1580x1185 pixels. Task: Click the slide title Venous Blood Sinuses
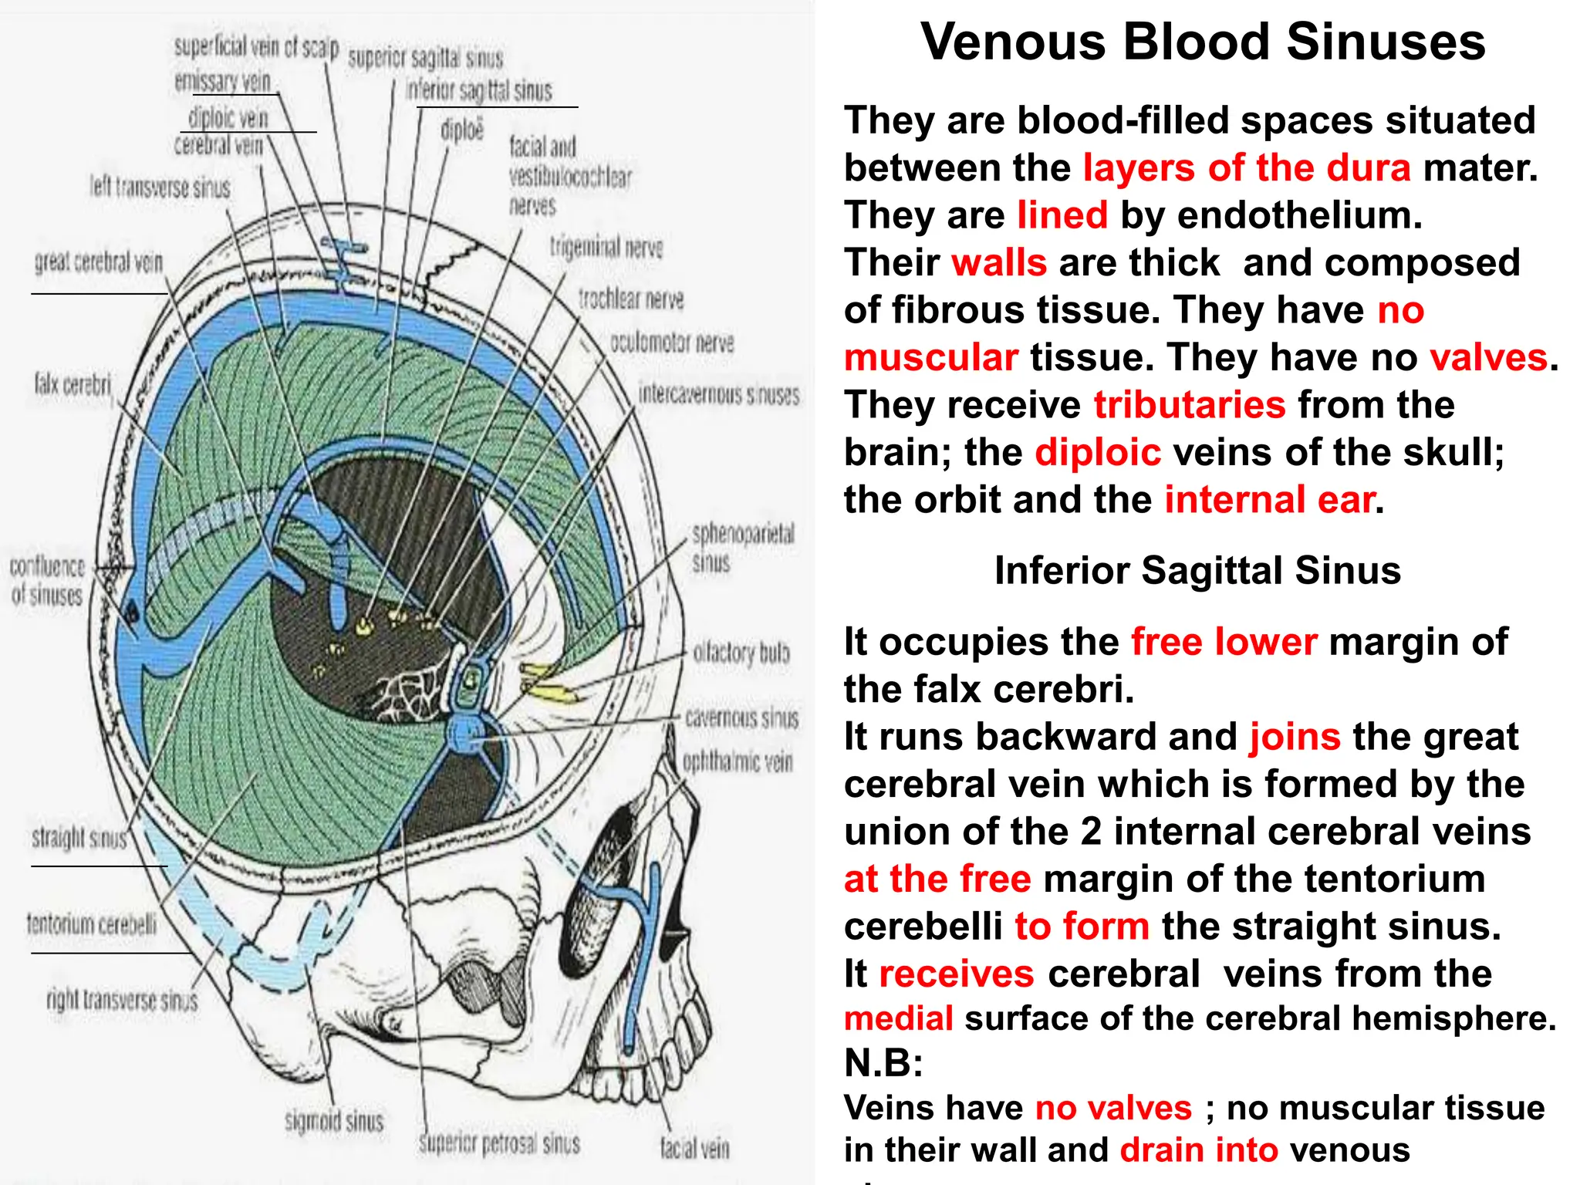tap(1203, 42)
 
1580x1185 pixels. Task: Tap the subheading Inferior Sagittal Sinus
tap(1197, 571)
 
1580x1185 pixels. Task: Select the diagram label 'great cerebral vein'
tap(99, 263)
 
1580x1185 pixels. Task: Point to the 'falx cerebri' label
tap(73, 383)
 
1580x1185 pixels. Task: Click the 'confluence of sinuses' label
tap(47, 581)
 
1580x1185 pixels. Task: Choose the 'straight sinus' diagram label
tap(79, 838)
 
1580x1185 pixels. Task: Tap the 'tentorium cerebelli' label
tap(91, 923)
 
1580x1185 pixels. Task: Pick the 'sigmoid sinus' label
tap(334, 1121)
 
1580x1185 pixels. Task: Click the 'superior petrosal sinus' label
tap(499, 1143)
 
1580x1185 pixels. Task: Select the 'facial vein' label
tap(694, 1149)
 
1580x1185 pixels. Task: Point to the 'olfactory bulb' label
tap(741, 653)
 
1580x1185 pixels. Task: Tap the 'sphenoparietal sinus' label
tap(742, 547)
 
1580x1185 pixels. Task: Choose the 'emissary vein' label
tap(223, 81)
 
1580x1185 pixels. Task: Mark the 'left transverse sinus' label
tap(160, 187)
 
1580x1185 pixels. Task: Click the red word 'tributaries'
tap(1190, 405)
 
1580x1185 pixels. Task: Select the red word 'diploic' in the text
tap(1098, 453)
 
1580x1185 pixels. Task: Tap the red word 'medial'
tap(899, 1018)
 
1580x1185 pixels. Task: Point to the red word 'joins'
tap(1295, 737)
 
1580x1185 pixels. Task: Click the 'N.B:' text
tap(883, 1063)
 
